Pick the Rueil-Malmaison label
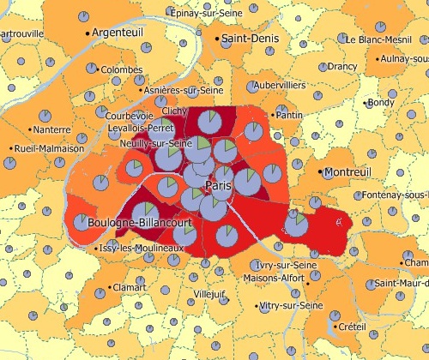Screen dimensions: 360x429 (50, 148)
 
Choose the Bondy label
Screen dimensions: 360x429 (381, 103)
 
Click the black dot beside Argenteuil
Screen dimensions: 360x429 (88, 32)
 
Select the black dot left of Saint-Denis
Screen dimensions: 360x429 (215, 39)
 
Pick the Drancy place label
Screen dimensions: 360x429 (343, 66)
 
